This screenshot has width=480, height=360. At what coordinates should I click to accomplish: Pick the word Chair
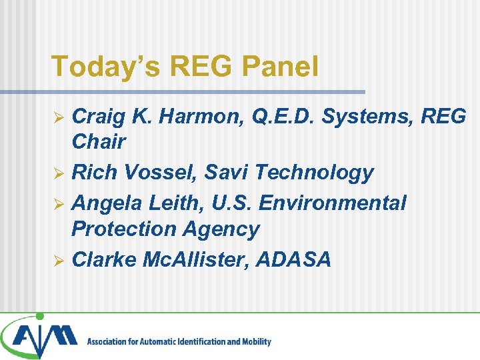(99, 141)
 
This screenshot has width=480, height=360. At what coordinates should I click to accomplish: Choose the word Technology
(315, 173)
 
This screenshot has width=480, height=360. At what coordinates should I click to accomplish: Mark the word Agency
(224, 229)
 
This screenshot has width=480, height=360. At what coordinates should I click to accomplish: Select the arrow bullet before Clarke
(59, 260)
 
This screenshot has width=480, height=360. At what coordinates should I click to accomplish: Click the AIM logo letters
(43, 339)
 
